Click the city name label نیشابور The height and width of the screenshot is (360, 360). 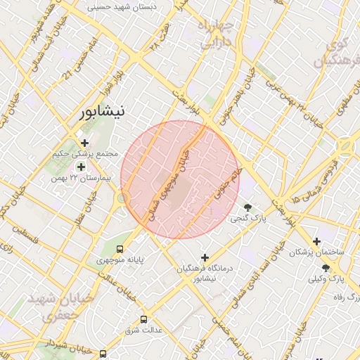click(x=103, y=112)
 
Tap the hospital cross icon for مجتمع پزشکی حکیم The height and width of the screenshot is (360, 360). click(x=85, y=143)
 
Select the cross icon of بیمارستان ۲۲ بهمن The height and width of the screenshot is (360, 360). click(x=81, y=167)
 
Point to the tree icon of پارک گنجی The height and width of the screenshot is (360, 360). click(x=247, y=207)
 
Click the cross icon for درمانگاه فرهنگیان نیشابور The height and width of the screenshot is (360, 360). click(x=205, y=257)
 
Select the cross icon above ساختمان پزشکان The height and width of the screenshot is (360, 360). click(x=316, y=241)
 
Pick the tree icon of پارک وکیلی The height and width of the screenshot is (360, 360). click(x=325, y=268)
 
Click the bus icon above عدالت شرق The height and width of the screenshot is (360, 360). click(x=144, y=319)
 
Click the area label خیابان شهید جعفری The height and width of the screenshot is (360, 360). click(x=60, y=307)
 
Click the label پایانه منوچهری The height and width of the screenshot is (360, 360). click(x=120, y=259)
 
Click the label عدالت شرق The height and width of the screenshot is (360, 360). click(x=144, y=330)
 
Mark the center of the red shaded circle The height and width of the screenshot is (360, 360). click(x=180, y=179)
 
